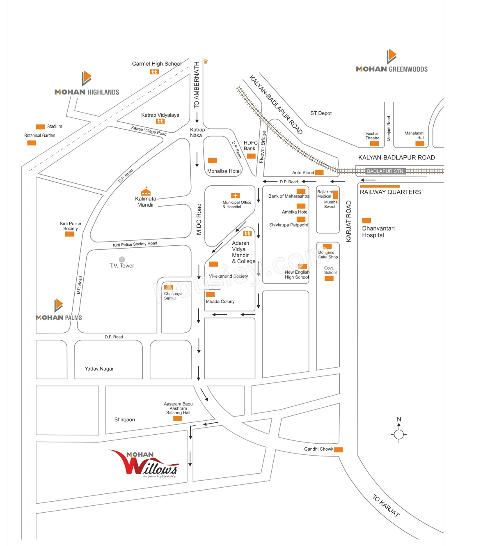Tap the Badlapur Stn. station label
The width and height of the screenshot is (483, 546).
385,171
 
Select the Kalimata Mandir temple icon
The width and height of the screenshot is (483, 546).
146,191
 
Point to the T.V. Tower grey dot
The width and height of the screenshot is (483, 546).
122,259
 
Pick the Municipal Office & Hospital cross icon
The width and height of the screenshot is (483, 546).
235,196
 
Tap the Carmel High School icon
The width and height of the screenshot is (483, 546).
154,72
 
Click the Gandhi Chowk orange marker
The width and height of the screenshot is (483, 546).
339,449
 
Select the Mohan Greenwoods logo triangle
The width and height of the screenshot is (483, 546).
391,56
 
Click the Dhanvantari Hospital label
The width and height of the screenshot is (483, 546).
378,232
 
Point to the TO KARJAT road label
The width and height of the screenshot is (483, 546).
386,506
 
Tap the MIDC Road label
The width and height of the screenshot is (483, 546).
199,219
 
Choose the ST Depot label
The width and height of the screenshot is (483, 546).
320,113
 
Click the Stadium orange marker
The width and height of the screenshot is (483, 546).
40,127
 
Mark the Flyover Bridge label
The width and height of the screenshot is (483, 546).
263,147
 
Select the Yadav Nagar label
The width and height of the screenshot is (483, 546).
99,369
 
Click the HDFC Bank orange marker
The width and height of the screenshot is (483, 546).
251,156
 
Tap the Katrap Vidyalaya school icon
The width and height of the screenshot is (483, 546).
160,121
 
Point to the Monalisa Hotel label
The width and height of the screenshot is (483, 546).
224,171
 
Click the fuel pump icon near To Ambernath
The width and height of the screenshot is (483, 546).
206,62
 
